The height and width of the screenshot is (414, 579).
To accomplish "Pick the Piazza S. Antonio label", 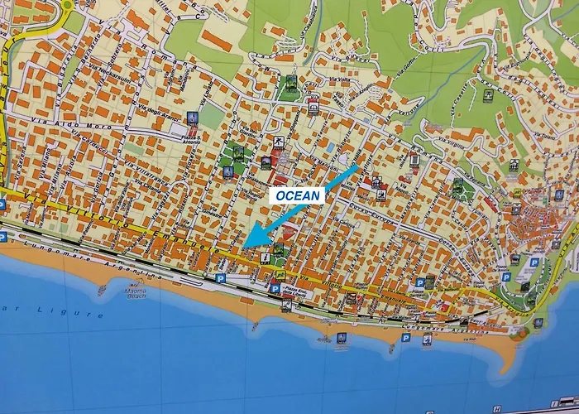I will pos(192,141).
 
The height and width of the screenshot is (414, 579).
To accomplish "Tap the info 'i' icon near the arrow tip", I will pos(264,258).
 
